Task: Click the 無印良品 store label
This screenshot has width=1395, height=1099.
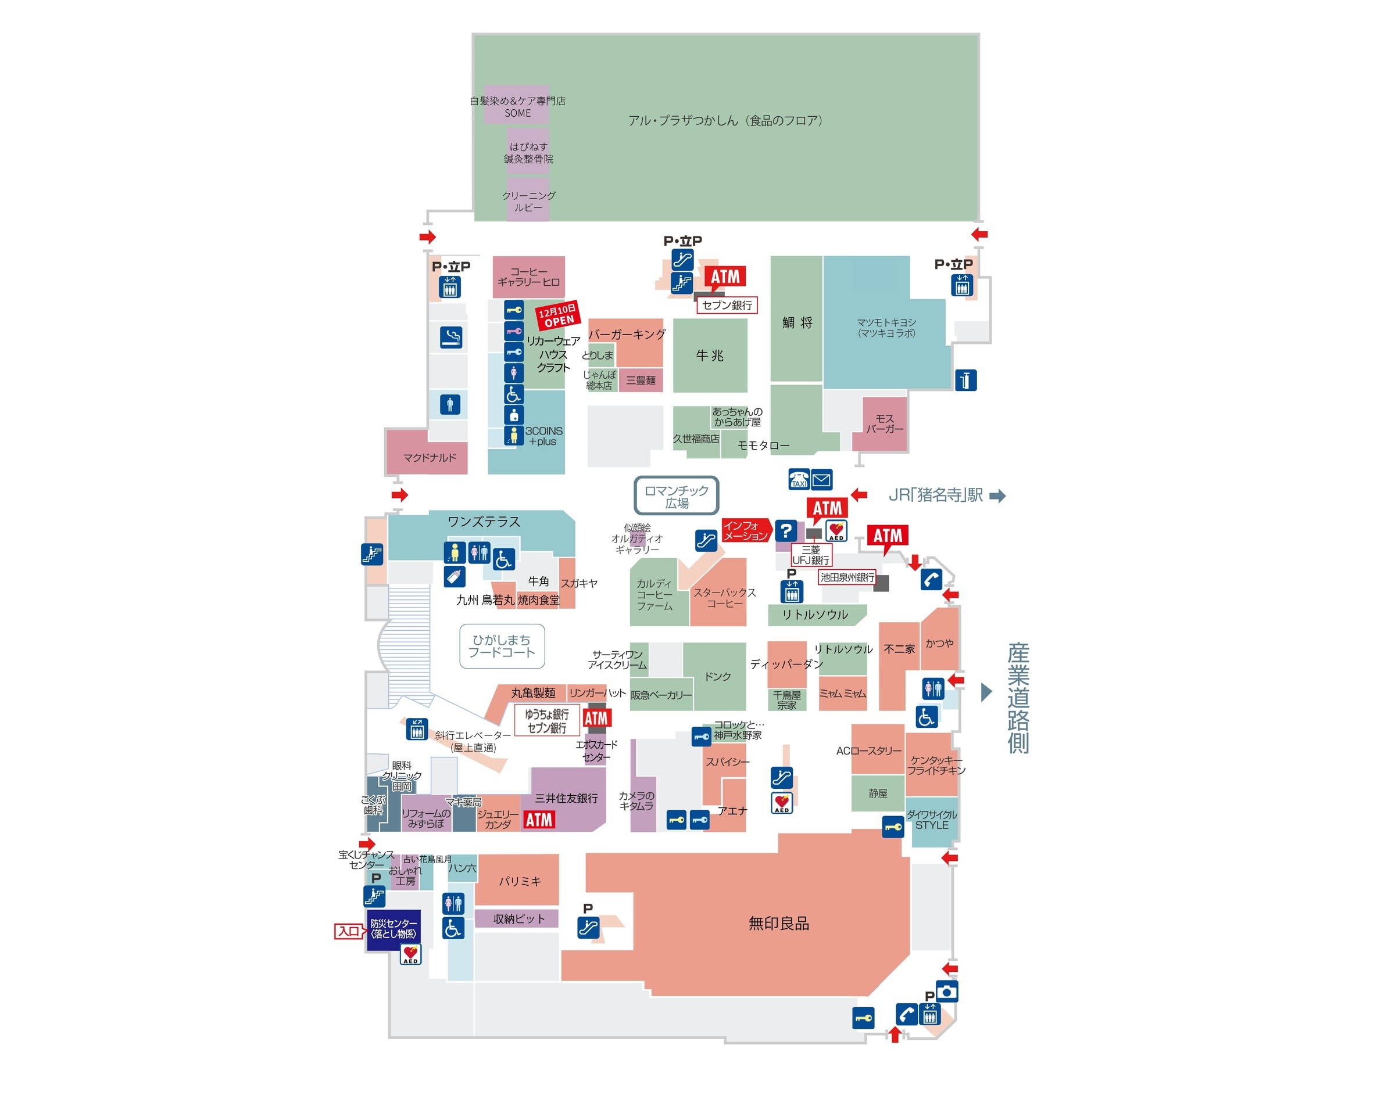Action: pyautogui.click(x=778, y=924)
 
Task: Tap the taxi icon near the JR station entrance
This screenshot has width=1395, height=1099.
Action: pyautogui.click(x=798, y=479)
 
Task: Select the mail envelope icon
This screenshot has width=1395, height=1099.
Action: pyautogui.click(x=821, y=479)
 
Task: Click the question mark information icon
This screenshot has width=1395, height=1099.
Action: pyautogui.click(x=785, y=531)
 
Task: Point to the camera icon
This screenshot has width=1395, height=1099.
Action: pyautogui.click(x=946, y=992)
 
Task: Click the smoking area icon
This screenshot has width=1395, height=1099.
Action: pyautogui.click(x=450, y=337)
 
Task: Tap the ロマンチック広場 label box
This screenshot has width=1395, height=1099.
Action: pyautogui.click(x=676, y=496)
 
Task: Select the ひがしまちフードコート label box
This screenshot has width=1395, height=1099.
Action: pyautogui.click(x=502, y=646)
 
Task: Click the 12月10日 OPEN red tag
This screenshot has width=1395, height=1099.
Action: pyautogui.click(x=557, y=315)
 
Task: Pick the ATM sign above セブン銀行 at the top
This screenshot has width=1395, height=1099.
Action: pyautogui.click(x=725, y=276)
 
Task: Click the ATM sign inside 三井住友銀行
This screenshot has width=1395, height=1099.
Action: pyautogui.click(x=539, y=820)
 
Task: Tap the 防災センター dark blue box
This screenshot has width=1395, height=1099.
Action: pyautogui.click(x=394, y=928)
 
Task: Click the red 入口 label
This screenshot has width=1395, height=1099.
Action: pyautogui.click(x=349, y=931)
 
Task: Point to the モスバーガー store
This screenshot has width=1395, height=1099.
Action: pyautogui.click(x=884, y=423)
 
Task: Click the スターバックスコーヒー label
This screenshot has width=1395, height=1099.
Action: pyautogui.click(x=724, y=597)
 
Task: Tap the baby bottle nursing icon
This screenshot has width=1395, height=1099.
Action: pyautogui.click(x=455, y=577)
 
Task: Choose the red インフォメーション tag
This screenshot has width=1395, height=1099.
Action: pyautogui.click(x=746, y=531)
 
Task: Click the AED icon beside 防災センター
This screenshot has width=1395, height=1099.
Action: pyautogui.click(x=411, y=954)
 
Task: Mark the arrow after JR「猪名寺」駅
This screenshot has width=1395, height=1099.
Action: pyautogui.click(x=997, y=495)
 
